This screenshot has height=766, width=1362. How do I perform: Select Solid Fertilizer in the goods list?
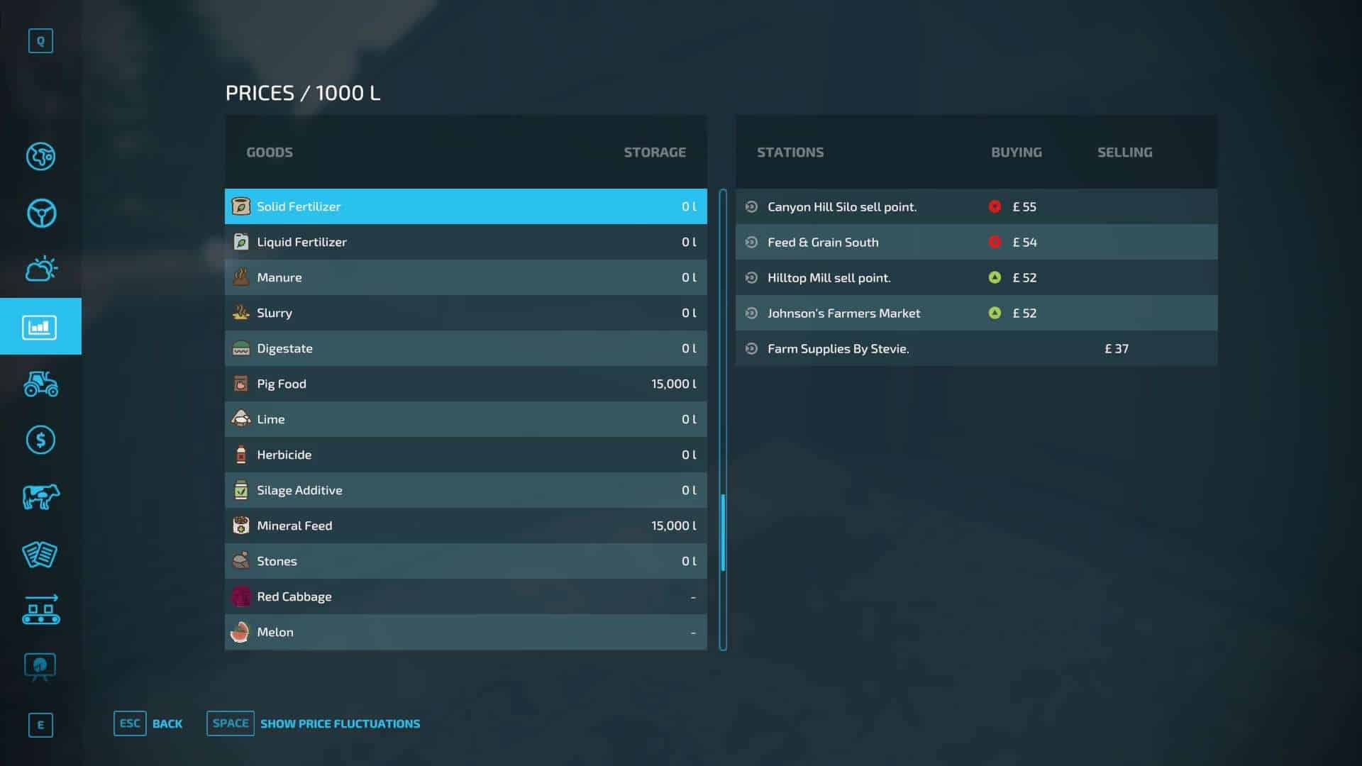pyautogui.click(x=299, y=206)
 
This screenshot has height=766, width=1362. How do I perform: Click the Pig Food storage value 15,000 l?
pyautogui.click(x=673, y=384)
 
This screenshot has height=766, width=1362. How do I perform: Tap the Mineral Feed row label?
pyautogui.click(x=294, y=526)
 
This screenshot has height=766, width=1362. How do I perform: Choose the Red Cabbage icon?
pyautogui.click(x=241, y=596)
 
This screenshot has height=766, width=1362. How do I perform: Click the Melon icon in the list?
pyautogui.click(x=241, y=632)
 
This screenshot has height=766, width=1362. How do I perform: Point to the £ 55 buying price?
pyautogui.click(x=1024, y=206)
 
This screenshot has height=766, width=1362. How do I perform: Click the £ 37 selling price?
pyautogui.click(x=1117, y=348)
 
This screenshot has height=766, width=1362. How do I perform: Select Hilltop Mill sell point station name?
pyautogui.click(x=829, y=277)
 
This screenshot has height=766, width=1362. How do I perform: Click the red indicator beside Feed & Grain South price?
pyautogui.click(x=995, y=242)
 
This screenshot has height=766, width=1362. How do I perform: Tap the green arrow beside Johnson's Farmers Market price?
pyautogui.click(x=995, y=313)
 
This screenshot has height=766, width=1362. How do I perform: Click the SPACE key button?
pyautogui.click(x=231, y=723)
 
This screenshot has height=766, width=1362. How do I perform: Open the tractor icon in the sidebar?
pyautogui.click(x=40, y=384)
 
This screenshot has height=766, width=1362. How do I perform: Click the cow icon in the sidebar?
pyautogui.click(x=40, y=497)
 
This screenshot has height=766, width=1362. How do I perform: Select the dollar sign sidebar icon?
pyautogui.click(x=40, y=440)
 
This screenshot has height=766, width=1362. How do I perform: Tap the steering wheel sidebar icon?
pyautogui.click(x=41, y=213)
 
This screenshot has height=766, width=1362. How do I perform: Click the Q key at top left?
pyautogui.click(x=40, y=41)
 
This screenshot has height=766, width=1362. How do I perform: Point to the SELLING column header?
pyautogui.click(x=1124, y=152)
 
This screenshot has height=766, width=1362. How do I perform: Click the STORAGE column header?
pyautogui.click(x=654, y=152)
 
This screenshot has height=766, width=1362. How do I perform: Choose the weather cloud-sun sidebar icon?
pyautogui.click(x=41, y=269)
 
